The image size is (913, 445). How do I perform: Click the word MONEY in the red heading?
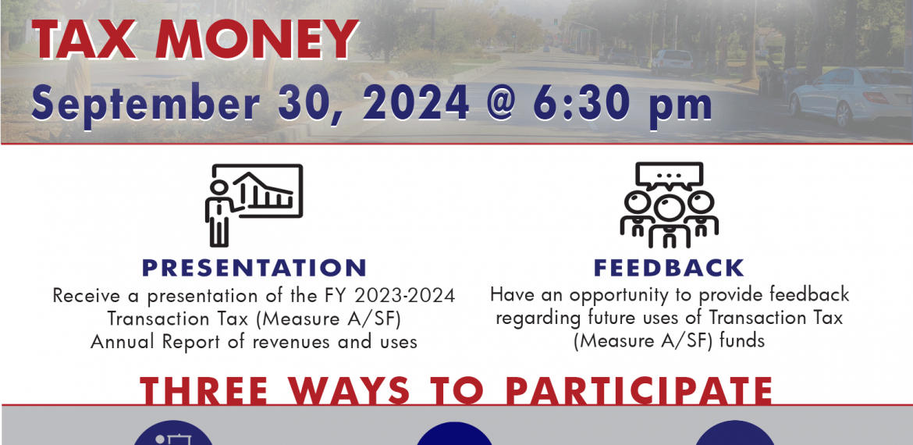point(256,40)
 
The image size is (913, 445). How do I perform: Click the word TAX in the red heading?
point(86,40)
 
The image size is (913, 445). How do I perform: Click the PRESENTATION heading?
point(254,268)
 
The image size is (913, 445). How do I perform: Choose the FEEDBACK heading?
point(669,268)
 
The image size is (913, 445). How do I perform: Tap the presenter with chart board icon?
point(254,205)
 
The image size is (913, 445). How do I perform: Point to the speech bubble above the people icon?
point(669,176)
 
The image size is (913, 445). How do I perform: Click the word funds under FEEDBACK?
point(742,340)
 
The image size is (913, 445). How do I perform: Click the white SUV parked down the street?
point(672,62)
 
